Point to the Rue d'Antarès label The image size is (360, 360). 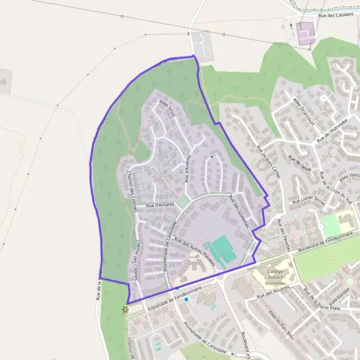coord(160,205)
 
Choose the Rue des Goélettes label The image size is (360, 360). coord(239,209)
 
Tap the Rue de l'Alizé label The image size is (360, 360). coord(298,163)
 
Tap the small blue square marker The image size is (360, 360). coord(187,298)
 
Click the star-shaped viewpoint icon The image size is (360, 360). coord(125,310)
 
